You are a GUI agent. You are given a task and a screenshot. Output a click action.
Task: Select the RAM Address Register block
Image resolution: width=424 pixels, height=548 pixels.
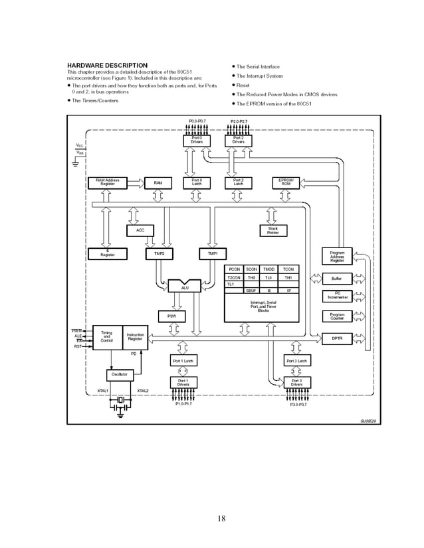107,182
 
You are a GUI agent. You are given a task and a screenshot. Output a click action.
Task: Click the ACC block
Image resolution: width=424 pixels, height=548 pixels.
140,230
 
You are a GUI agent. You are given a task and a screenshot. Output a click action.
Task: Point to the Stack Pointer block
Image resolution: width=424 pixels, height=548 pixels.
272,230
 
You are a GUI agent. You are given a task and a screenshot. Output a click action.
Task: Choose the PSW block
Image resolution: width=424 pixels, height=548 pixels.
171,316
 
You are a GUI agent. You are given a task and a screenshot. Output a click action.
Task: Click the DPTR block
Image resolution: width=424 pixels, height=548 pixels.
337,338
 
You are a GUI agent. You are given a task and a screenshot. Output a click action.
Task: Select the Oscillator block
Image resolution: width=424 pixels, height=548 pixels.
120,375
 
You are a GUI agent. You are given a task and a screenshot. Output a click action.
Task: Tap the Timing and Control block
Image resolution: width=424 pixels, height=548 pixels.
106,337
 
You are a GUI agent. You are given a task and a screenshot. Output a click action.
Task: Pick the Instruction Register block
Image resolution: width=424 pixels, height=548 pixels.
135,337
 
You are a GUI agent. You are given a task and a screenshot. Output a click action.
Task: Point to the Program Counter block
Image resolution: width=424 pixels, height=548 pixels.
337,316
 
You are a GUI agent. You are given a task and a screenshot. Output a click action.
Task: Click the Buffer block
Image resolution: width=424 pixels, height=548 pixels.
337,279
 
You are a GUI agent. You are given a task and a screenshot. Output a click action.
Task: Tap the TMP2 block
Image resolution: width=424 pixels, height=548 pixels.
158,253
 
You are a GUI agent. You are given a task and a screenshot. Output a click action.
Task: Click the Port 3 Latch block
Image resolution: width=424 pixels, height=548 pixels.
296,361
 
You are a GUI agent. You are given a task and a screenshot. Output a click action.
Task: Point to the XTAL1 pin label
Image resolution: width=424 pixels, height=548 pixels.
103,391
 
